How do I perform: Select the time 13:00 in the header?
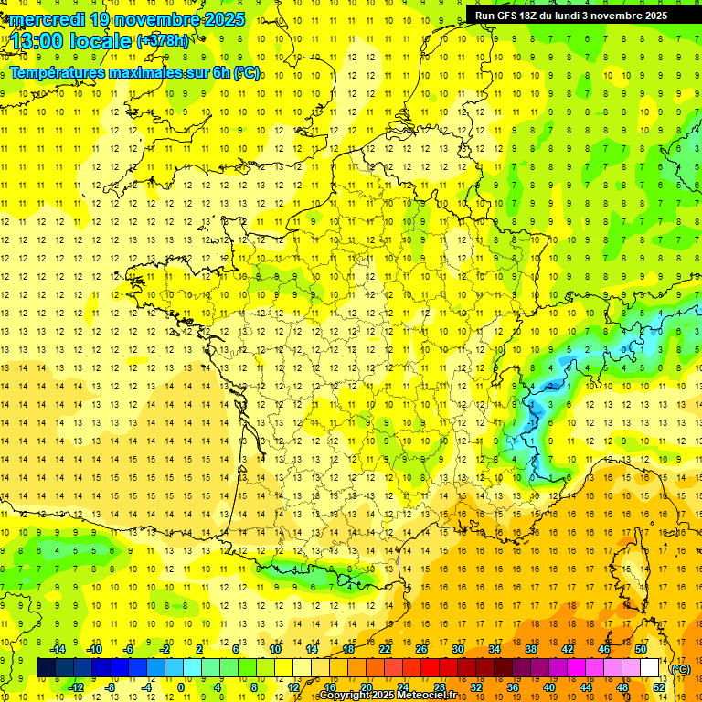tap(37, 40)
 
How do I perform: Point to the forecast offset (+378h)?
tap(162, 40)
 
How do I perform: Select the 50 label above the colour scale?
tap(641, 649)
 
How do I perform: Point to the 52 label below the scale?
tap(659, 687)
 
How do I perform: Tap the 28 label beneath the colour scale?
tap(440, 687)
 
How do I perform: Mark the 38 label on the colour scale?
tap(531, 649)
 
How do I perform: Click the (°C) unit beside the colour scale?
tap(681, 669)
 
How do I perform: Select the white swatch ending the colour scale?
tap(650, 668)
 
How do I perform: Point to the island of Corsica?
tap(630, 571)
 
